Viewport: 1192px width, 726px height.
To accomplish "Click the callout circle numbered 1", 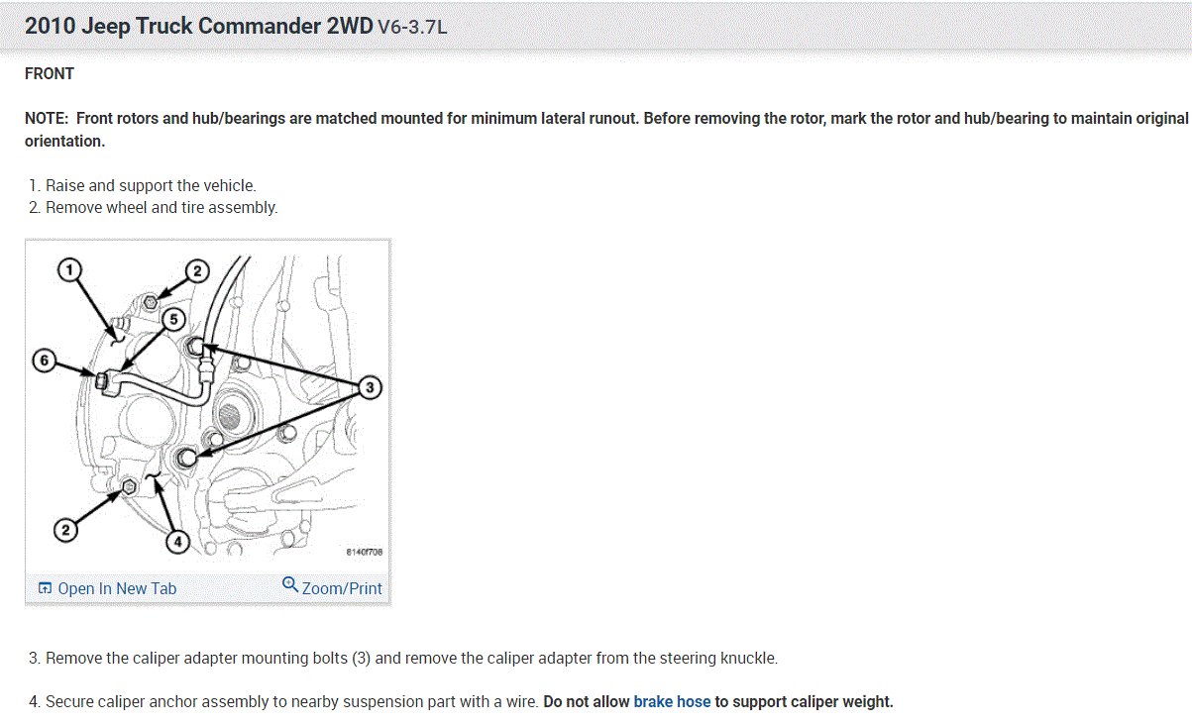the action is tap(67, 269).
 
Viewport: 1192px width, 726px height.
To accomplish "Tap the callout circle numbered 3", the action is tap(370, 387).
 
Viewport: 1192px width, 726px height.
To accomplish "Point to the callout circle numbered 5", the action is tap(172, 319).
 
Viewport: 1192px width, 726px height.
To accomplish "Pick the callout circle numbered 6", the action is tap(44, 362).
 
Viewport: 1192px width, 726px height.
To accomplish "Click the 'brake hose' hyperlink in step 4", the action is tap(672, 701).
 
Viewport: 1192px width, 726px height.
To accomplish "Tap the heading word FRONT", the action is tap(50, 73).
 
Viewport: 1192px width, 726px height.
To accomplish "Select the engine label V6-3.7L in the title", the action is tap(412, 28).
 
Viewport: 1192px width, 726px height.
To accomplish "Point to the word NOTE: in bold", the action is tap(47, 118).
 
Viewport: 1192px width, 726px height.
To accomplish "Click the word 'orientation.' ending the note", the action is tap(64, 141).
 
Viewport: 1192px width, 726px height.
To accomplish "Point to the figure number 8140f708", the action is tap(365, 552).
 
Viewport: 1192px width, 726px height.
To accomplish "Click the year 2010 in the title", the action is tap(50, 27).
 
